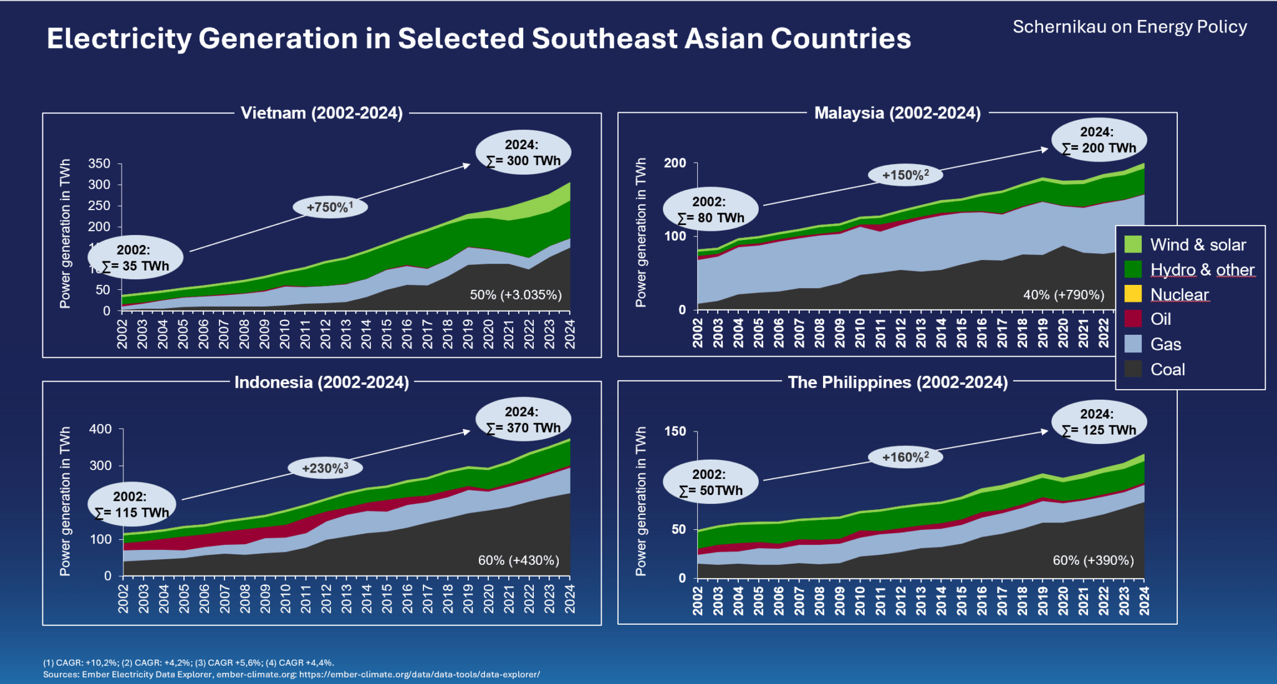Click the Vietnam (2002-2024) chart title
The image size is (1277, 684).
(321, 113)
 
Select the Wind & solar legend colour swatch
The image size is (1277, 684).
(1133, 244)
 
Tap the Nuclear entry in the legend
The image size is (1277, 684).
(1179, 294)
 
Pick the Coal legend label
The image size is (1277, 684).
(1167, 370)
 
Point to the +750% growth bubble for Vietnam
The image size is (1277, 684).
(330, 207)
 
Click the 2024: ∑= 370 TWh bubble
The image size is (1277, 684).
(523, 420)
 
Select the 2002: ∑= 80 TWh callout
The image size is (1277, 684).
(710, 210)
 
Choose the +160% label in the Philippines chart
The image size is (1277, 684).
(905, 457)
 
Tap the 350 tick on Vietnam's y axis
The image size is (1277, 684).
(99, 164)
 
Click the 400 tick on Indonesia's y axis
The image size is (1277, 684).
(100, 429)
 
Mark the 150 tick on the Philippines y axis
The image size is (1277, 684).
(675, 431)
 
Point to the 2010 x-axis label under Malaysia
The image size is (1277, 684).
(860, 332)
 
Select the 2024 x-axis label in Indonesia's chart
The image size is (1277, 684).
(569, 599)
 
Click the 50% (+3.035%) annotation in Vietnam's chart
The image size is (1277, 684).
(516, 295)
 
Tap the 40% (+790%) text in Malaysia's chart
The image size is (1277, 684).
(1063, 295)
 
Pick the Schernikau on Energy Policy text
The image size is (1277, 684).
(1129, 27)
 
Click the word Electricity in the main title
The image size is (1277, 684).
(119, 39)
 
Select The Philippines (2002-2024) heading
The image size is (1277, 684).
(897, 382)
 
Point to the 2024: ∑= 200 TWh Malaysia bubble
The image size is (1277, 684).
(1099, 140)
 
